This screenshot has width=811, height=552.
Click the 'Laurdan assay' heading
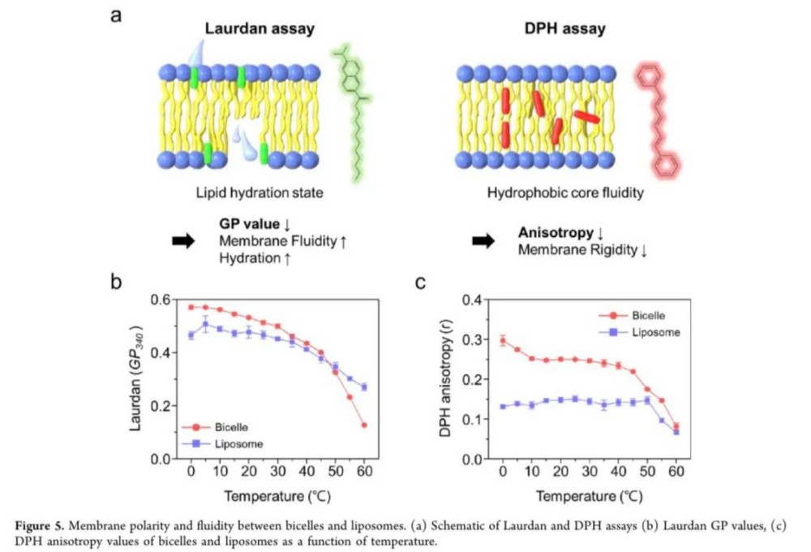tap(259, 30)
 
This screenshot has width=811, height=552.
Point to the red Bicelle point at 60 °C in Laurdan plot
tap(365, 425)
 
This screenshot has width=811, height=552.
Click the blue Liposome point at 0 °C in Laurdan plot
tap(191, 335)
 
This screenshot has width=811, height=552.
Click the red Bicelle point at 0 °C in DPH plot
tap(503, 341)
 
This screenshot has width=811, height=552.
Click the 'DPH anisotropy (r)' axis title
tap(444, 378)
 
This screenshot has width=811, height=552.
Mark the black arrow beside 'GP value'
tap(184, 241)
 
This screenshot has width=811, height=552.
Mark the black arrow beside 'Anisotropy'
tap(484, 240)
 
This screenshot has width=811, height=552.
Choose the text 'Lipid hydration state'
tap(258, 193)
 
